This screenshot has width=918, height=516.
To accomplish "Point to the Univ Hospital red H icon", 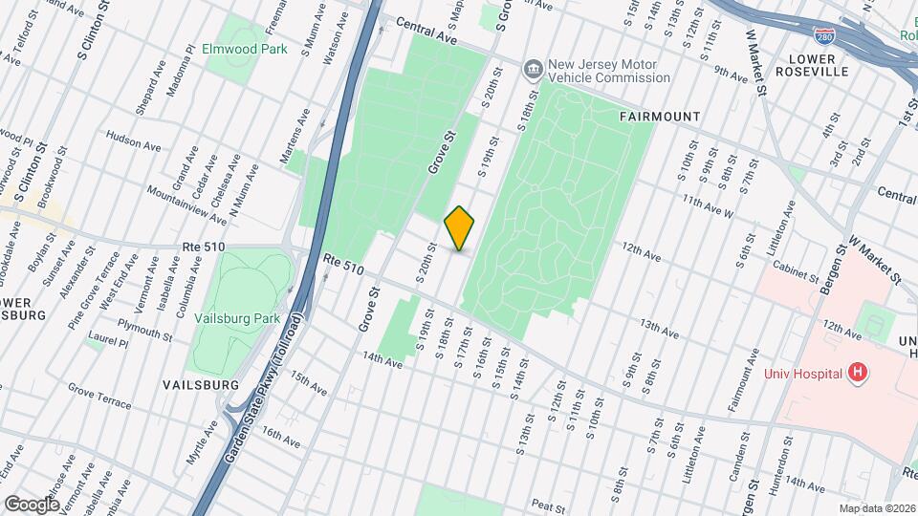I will coord(858,373).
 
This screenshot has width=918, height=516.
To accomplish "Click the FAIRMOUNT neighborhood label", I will coord(660,117).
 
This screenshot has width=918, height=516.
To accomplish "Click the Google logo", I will coord(32,503).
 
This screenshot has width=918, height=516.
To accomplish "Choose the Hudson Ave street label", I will coord(134,140).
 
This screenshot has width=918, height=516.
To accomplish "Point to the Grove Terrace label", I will coord(99,397).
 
